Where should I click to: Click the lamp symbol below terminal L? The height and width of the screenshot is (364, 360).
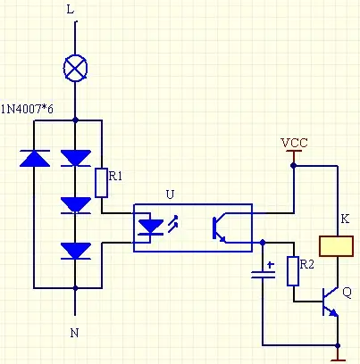75,68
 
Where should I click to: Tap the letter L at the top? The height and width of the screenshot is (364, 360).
71,10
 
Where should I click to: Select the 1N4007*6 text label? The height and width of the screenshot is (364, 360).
27,110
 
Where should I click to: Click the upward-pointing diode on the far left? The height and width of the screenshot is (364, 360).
35,158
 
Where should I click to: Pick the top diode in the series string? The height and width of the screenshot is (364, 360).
76,158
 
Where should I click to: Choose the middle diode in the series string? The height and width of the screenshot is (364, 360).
76,205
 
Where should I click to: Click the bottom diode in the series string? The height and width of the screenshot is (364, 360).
76,251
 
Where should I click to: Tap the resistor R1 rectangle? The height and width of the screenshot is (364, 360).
102,183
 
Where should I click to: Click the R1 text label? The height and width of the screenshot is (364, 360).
115,177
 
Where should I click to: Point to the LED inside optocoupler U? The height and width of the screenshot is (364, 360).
151,227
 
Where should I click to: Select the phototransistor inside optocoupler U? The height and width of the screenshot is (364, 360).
219,228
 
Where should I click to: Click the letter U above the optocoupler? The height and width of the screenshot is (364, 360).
170,194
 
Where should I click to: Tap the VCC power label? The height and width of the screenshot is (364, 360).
294,143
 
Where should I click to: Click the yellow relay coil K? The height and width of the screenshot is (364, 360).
337,246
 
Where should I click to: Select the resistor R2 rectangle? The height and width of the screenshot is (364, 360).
293,271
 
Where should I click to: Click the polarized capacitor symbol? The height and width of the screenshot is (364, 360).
264,272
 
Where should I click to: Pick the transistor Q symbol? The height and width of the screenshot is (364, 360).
331,302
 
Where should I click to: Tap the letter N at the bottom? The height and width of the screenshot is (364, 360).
74,333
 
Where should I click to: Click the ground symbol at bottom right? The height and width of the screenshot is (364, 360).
338,355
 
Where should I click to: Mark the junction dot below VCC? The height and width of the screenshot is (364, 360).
294,165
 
